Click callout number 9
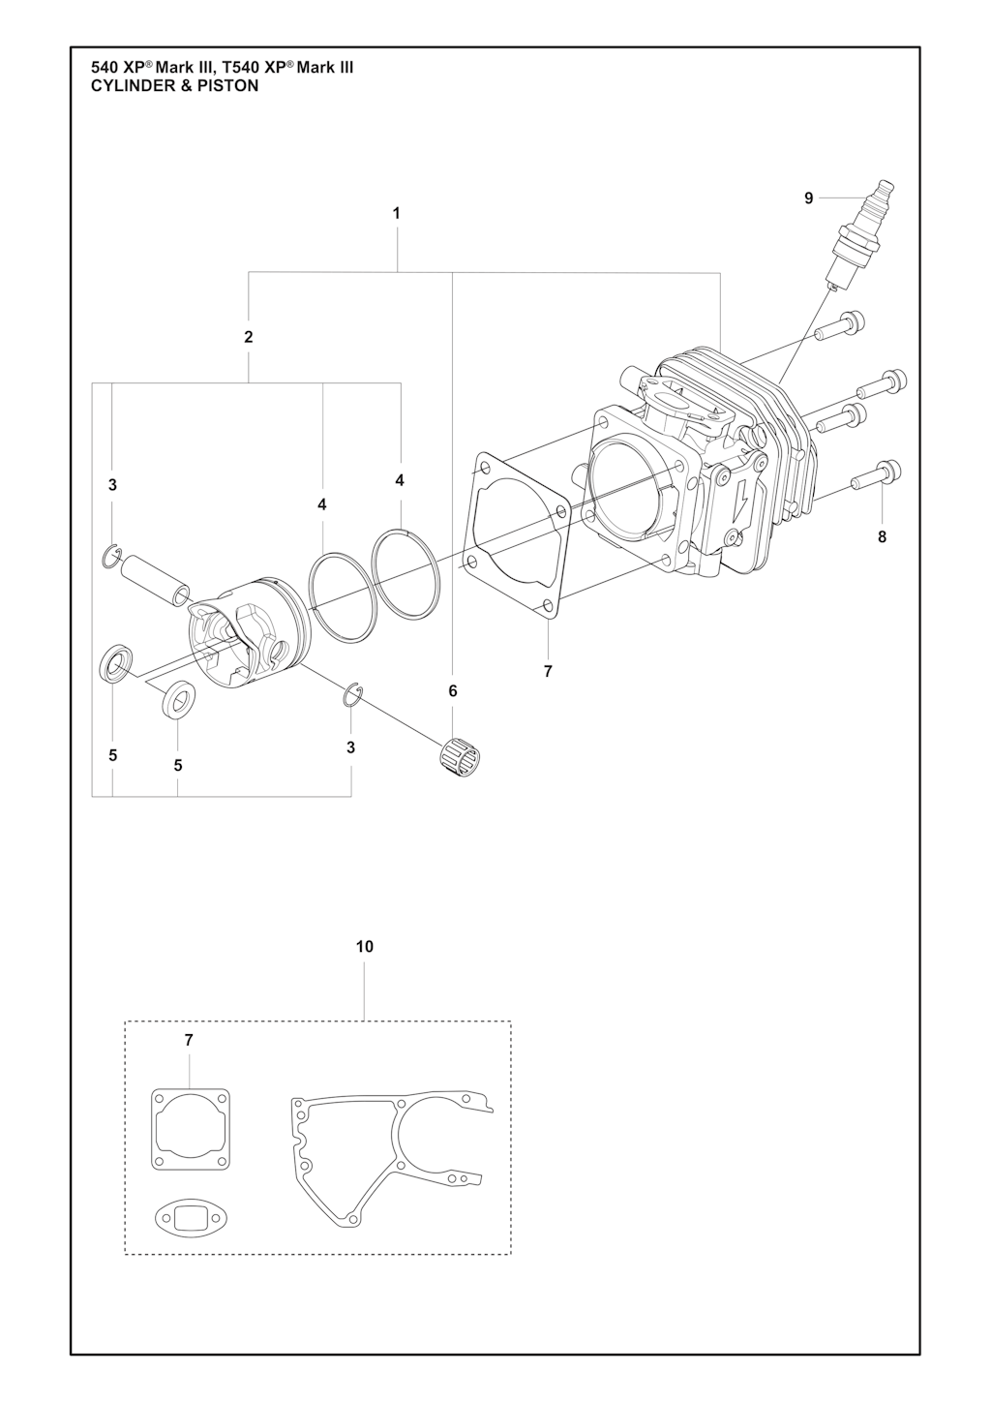(808, 198)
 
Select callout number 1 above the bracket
(396, 213)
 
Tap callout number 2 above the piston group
(249, 337)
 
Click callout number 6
(453, 691)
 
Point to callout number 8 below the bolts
(883, 537)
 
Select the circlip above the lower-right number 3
(353, 693)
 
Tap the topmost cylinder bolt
(840, 328)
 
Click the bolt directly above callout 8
(877, 477)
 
